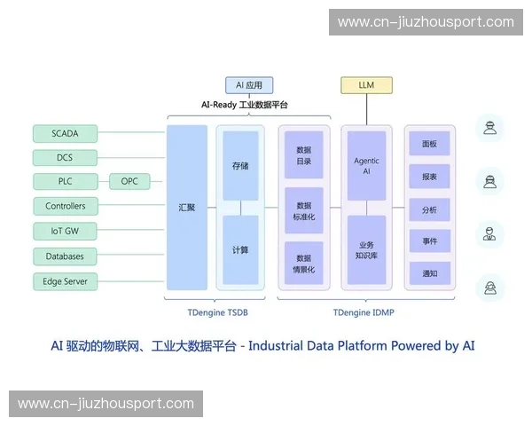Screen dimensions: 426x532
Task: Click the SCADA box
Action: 65,134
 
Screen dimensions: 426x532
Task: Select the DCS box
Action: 65,158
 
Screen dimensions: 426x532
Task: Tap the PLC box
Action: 65,182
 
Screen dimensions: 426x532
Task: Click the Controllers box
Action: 65,206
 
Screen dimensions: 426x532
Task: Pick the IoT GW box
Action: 65,231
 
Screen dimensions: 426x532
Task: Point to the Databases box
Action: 65,256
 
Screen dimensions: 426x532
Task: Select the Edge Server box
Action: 65,281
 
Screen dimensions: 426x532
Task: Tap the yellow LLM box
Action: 366,85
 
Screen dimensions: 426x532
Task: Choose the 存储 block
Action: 240,166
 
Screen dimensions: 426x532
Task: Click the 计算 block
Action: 240,249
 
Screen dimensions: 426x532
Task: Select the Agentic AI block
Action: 366,166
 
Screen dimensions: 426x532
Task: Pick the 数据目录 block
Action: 304,156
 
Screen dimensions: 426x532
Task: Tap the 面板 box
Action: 429,144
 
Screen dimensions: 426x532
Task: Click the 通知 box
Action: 429,273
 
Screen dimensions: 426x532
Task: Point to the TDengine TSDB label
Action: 218,312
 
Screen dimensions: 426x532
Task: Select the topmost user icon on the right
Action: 488,130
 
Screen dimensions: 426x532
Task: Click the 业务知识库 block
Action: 366,249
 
